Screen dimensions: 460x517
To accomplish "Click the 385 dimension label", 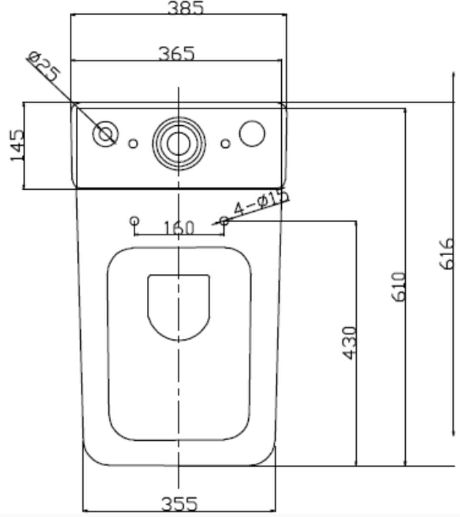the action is pyautogui.click(x=185, y=8).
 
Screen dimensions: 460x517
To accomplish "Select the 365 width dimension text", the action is pyautogui.click(x=177, y=54).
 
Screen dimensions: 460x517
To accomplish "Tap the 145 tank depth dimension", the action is pyautogui.click(x=17, y=145).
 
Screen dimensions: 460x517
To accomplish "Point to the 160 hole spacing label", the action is pyautogui.click(x=179, y=228).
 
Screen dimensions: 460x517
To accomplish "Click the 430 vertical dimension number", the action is pyautogui.click(x=349, y=343).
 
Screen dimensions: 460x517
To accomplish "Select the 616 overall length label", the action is pyautogui.click(x=448, y=253).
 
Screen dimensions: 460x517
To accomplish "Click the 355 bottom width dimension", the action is pyautogui.click(x=179, y=504).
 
